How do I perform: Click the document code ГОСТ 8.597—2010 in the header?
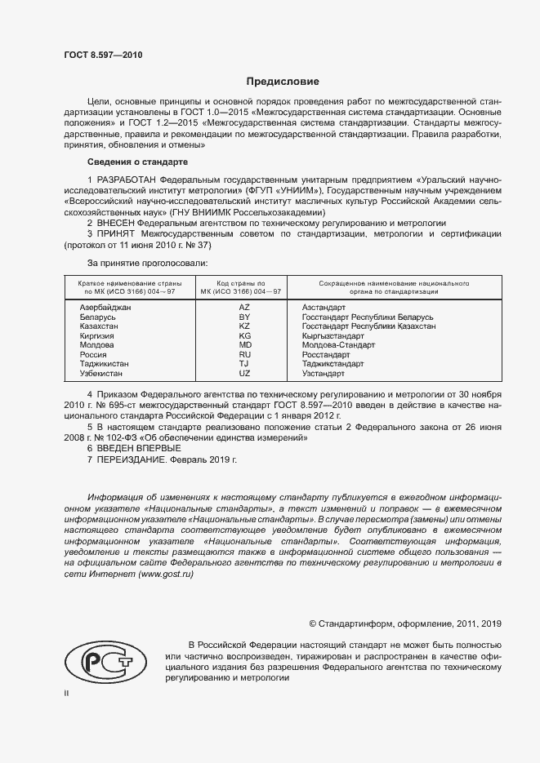pyautogui.click(x=103, y=55)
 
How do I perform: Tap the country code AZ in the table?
pyautogui.click(x=243, y=307)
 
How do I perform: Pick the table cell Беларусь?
pyautogui.click(x=97, y=317)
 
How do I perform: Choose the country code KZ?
pyautogui.click(x=243, y=326)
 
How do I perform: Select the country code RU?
pyautogui.click(x=243, y=354)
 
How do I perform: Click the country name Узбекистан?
pyautogui.click(x=100, y=373)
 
